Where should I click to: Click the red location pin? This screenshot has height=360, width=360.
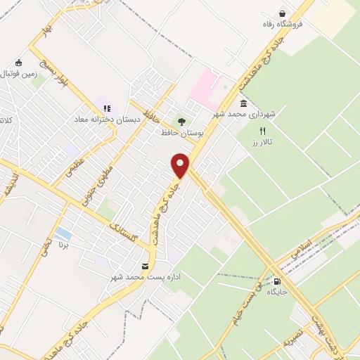(x=181, y=165)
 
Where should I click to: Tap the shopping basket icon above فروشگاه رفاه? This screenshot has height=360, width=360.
(x=283, y=13)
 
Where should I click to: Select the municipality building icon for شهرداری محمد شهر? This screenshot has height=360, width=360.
(x=244, y=103)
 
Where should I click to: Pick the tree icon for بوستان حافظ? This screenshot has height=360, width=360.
(x=182, y=121)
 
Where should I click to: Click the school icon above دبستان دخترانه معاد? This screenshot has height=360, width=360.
(x=107, y=108)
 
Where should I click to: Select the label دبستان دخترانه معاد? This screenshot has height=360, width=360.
(x=108, y=120)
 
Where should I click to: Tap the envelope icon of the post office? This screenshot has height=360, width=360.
(x=145, y=266)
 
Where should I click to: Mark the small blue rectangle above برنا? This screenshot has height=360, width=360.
(x=63, y=233)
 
